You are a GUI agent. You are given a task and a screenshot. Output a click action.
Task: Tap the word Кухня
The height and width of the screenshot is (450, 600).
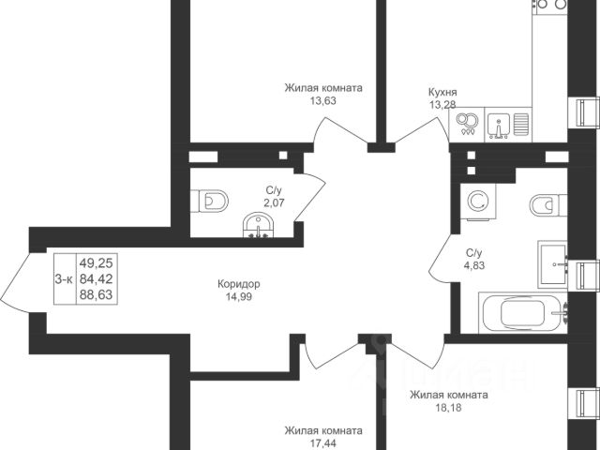coord(442,92)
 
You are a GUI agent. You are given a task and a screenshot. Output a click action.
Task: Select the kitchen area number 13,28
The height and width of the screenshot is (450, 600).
coord(442,104)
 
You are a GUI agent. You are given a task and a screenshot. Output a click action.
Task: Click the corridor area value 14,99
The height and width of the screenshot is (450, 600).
coord(239,297)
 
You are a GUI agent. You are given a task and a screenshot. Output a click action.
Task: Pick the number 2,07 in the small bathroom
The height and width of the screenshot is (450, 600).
coord(274,202)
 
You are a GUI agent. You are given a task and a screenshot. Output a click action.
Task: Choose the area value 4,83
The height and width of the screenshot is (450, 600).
coord(473,265)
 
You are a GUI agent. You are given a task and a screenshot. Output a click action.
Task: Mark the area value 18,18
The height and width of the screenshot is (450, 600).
coord(448,408)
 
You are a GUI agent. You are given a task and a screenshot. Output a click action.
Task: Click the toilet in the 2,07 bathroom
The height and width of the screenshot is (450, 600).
coord(214,201)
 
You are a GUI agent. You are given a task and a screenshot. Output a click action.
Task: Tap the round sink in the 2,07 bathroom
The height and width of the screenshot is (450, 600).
coord(257,227)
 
